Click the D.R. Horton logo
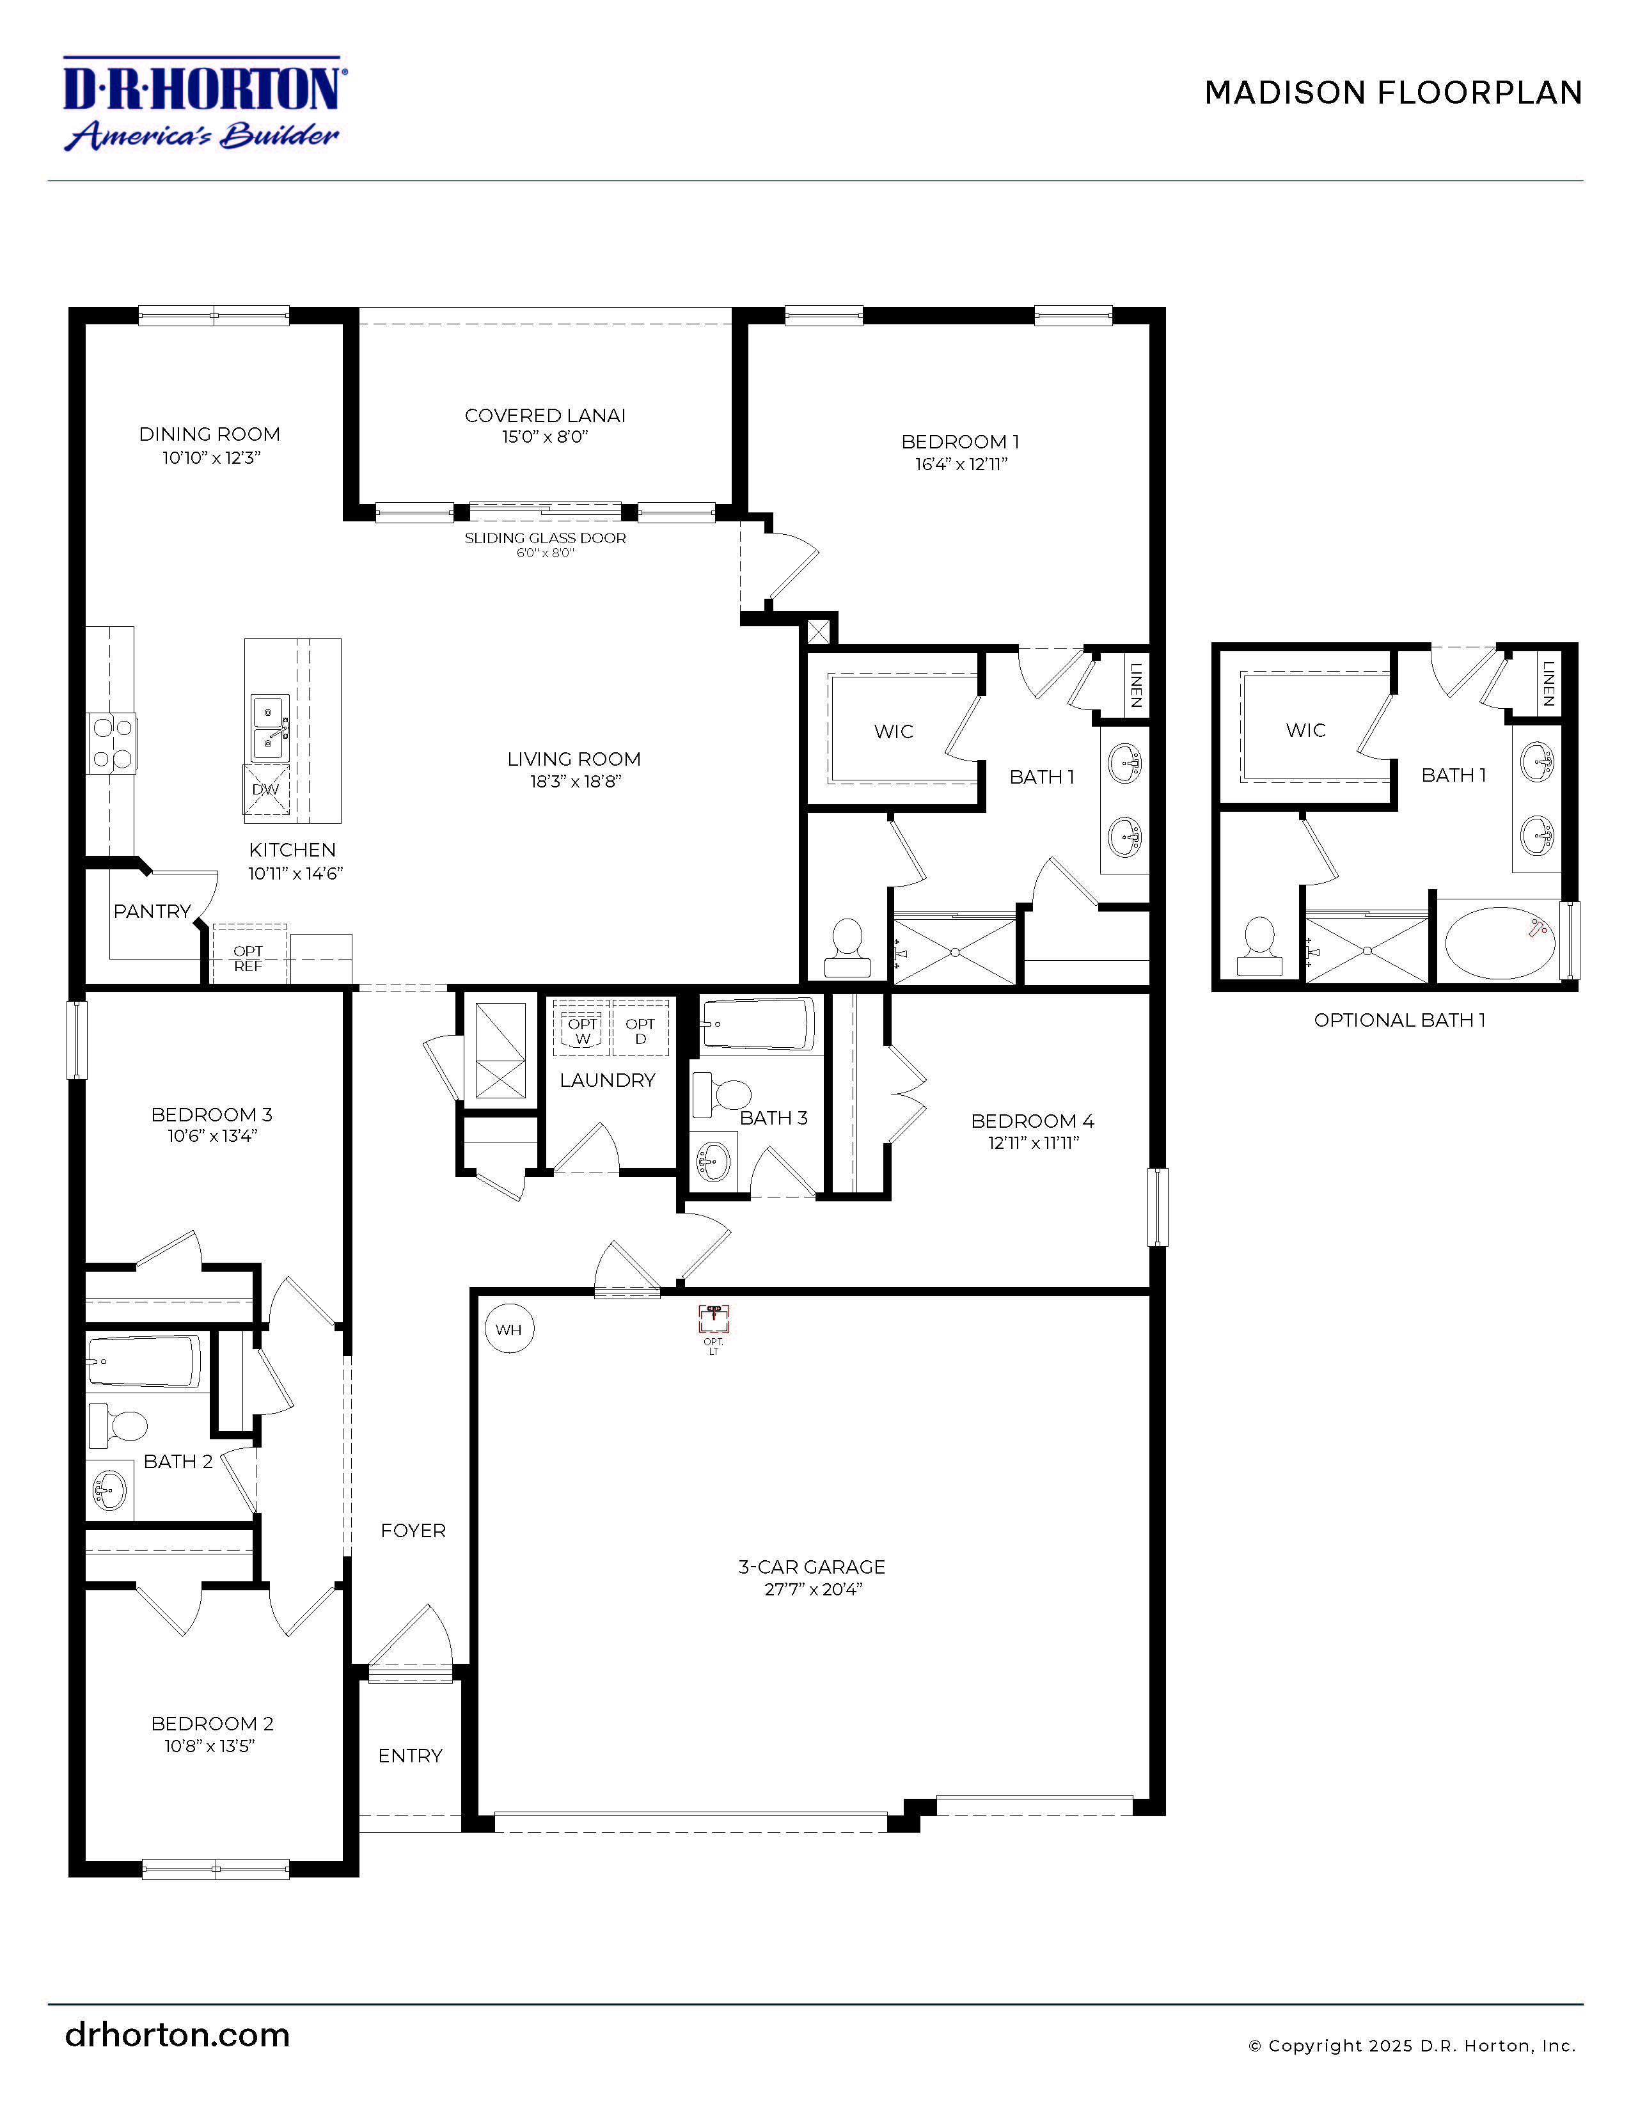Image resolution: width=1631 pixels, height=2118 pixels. [x=203, y=104]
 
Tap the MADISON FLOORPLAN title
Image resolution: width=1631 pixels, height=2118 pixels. [x=1392, y=93]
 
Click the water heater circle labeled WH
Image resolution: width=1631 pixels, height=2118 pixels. [x=508, y=1329]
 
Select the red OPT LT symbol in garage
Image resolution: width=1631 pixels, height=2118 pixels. [x=714, y=1319]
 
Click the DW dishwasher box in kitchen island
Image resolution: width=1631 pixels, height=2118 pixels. [x=265, y=789]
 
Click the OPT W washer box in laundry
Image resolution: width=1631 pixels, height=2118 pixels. [x=582, y=1030]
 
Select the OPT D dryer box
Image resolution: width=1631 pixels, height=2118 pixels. [x=640, y=1030]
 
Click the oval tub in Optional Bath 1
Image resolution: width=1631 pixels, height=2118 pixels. [x=1498, y=943]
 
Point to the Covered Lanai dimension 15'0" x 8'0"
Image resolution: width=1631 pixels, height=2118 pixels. [x=544, y=438]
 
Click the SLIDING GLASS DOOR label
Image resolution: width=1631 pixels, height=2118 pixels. [x=544, y=538]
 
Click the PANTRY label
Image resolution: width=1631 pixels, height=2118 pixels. [x=152, y=912]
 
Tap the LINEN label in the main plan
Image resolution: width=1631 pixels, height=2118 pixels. [x=1135, y=684]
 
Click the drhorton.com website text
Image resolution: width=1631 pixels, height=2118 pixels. [x=177, y=2035]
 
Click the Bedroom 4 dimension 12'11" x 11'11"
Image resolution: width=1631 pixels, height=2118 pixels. [x=1033, y=1143]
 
